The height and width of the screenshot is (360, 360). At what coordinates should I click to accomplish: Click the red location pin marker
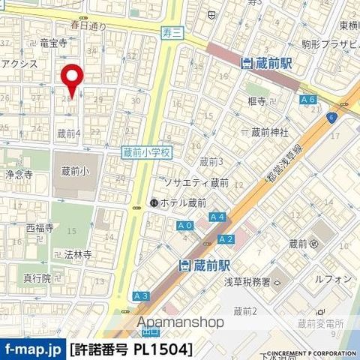pos(72,82)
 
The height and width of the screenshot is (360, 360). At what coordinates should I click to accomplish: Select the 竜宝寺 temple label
pos(54,44)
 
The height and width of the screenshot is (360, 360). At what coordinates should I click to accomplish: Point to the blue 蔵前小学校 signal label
pos(147,151)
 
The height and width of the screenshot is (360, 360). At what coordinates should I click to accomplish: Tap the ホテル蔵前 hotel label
pos(178,202)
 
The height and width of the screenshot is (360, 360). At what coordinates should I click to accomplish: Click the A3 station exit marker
pos(140,297)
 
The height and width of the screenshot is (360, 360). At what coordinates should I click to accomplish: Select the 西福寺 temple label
pos(40,227)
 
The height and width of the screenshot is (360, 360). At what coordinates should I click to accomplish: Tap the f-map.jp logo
pos(33,349)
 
